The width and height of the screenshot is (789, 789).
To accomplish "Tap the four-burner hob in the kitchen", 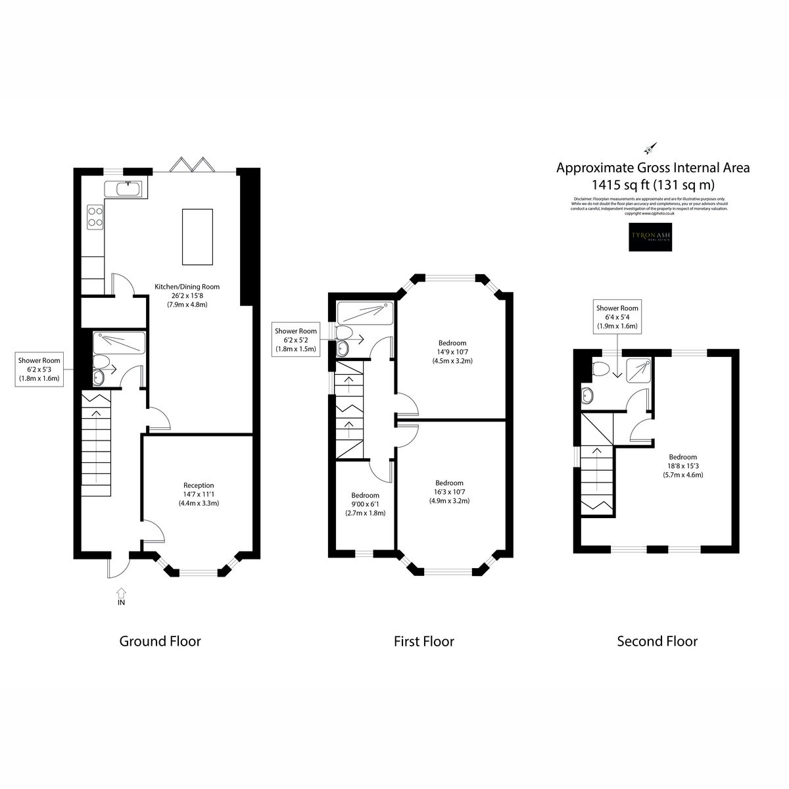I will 95,216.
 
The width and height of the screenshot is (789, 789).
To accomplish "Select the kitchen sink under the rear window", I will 128,189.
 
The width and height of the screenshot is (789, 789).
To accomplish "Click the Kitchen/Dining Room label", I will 187,295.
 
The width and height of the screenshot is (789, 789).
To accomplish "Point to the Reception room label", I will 198,494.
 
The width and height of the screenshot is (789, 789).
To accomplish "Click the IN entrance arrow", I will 121,595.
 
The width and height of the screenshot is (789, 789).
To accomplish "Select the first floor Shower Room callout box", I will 295,340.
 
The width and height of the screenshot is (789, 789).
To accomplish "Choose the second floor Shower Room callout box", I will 617,316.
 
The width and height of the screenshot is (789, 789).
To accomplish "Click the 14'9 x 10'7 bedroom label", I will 452,351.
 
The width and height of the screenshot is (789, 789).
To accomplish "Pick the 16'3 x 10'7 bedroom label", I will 449,491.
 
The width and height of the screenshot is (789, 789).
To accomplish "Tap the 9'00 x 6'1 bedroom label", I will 365,504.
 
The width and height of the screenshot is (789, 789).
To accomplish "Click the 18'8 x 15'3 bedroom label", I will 682,466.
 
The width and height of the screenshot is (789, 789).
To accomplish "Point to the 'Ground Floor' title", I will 160,641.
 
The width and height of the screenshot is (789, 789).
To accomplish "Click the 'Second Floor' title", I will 657,641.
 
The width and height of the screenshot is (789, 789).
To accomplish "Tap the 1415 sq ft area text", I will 653,185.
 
